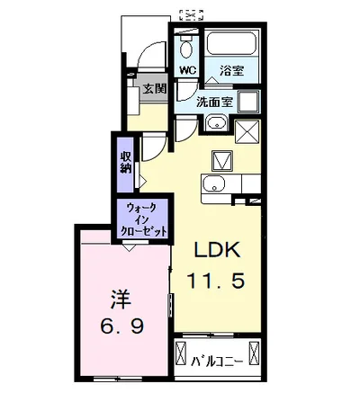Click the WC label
pos(188,69)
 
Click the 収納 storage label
pos(128,162)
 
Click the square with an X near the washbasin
pos(248,132)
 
